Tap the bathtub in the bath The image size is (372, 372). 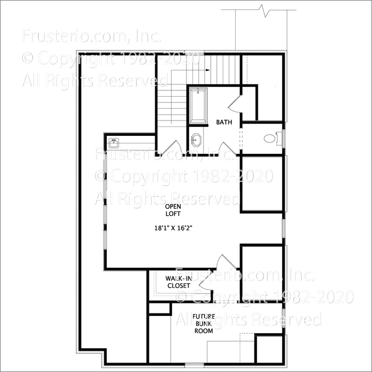point(199,105)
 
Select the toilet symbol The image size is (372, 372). point(270,138)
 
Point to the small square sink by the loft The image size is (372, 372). point(114,142)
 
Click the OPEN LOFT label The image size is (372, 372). point(173,210)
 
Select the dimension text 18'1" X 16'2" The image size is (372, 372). point(173,229)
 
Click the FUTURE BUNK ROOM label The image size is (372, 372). point(203,323)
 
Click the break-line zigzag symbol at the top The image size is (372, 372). point(262,9)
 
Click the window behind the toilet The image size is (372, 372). point(283,138)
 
